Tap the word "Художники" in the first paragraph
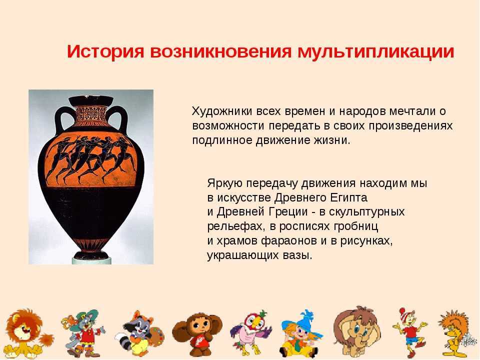click(222, 111)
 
